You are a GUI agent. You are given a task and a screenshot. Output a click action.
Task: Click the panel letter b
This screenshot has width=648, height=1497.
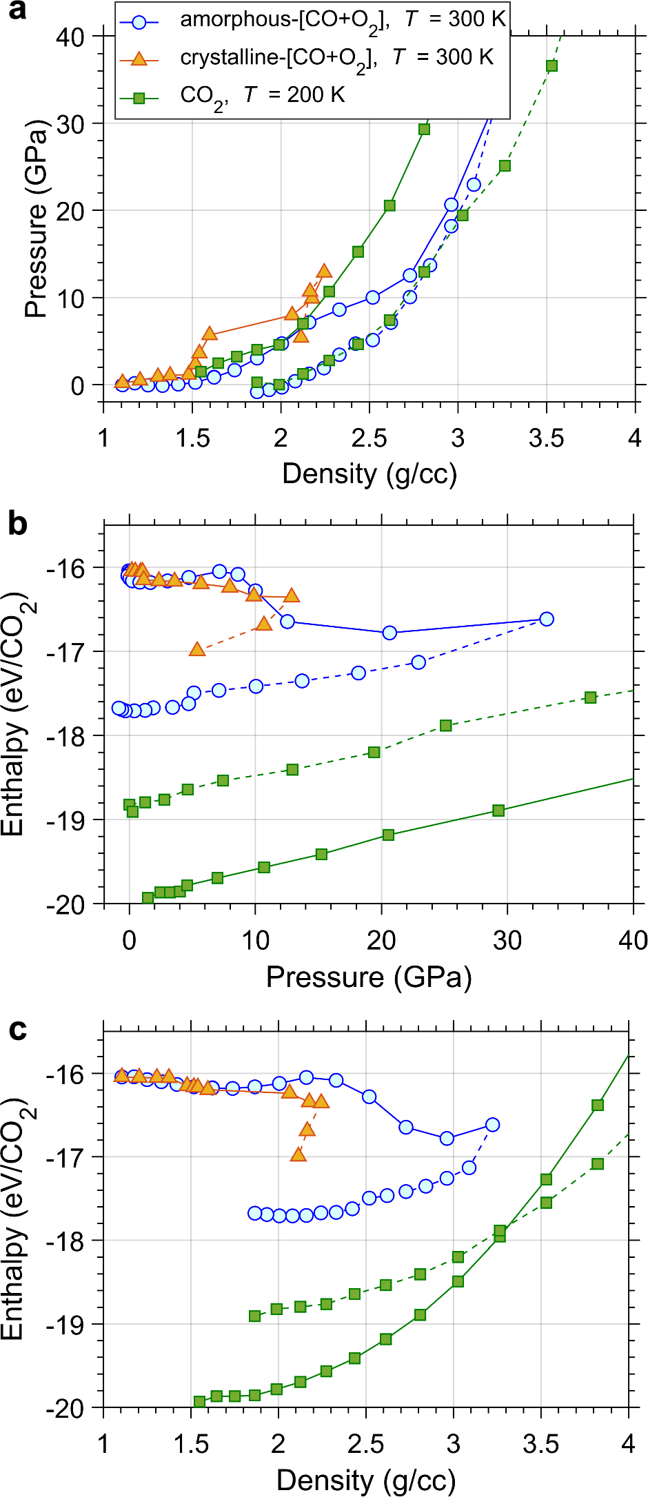(17, 524)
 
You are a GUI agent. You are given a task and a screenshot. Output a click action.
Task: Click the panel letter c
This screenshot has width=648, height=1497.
(17, 1029)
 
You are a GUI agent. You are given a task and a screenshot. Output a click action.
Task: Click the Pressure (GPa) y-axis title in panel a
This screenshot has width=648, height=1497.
(36, 219)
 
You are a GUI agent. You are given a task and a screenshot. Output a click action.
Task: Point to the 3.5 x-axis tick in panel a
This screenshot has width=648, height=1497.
(546, 438)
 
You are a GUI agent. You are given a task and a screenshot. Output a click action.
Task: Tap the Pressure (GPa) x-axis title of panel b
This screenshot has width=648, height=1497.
(369, 977)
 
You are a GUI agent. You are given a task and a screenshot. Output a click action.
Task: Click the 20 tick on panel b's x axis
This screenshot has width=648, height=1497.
(381, 940)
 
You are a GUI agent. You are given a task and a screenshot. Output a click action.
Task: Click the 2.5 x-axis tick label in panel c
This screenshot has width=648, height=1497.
(365, 1444)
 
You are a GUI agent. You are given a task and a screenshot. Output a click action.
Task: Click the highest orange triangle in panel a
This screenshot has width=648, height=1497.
(324, 271)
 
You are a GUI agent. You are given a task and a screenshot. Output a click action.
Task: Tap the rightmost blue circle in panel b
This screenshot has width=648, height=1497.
(546, 619)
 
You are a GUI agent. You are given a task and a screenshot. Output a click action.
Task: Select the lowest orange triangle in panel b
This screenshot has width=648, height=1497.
(197, 649)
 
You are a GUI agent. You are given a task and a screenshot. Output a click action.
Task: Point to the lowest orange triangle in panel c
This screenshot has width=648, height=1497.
(298, 1154)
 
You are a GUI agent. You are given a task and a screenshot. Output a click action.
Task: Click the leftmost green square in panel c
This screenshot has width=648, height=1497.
(200, 1401)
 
